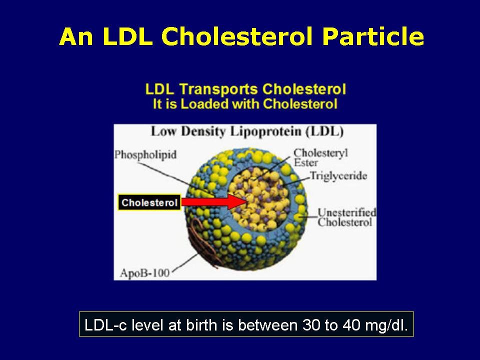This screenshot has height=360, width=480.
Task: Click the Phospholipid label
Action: click(145, 154)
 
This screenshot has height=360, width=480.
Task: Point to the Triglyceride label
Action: click(338, 176)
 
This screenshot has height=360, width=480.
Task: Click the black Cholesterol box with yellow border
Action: click(149, 202)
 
